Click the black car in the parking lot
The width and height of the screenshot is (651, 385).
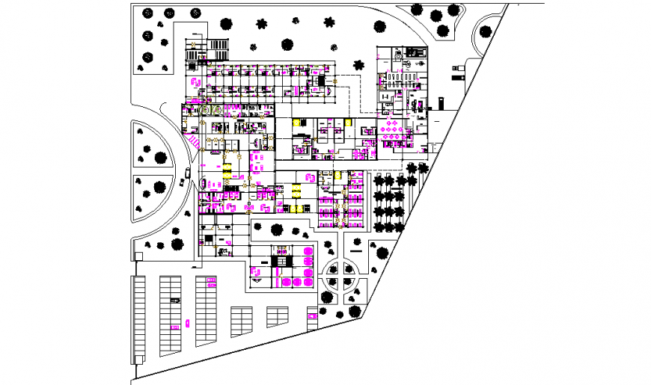pyautogui.click(x=175, y=300)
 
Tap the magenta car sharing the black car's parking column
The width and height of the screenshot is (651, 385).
pyautogui.click(x=174, y=326)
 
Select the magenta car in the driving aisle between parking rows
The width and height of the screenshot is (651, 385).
pyautogui.click(x=187, y=324)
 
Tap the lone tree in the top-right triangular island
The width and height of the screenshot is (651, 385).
pyautogui.click(x=486, y=31)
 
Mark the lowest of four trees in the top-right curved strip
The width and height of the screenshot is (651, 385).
pyautogui.click(x=443, y=31)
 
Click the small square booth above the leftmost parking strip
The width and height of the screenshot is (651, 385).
pyautogui.click(x=138, y=257)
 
